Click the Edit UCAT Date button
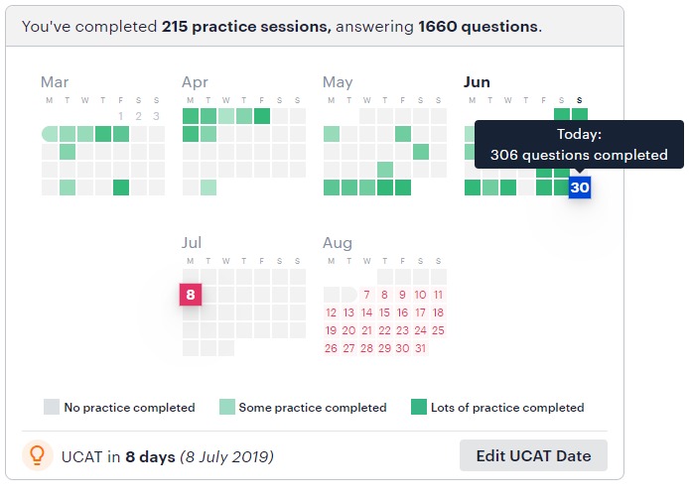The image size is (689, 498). pos(533,455)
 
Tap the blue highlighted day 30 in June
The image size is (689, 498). pos(580,187)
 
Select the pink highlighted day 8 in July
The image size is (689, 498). pos(191,295)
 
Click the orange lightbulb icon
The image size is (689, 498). pos(38,455)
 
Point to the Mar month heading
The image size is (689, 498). pos(55,82)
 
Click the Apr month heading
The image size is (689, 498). pos(196,82)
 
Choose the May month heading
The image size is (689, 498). pos(338,82)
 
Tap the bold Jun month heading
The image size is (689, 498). pos(477,82)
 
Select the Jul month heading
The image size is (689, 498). pos(192,242)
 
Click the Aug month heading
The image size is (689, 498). pos(338,243)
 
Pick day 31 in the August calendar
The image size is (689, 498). pos(421,348)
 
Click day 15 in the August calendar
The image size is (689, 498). pos(384,312)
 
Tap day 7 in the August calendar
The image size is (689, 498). pos(367,295)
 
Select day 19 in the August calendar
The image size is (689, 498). pos(331,330)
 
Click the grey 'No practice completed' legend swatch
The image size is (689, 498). pos(52,407)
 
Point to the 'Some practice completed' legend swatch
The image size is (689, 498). pos(226,407)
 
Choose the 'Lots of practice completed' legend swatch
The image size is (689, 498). pos(419,407)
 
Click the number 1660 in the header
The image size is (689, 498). pos(438,27)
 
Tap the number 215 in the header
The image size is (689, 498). pos(175,27)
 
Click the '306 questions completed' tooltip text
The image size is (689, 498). pos(579,155)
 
